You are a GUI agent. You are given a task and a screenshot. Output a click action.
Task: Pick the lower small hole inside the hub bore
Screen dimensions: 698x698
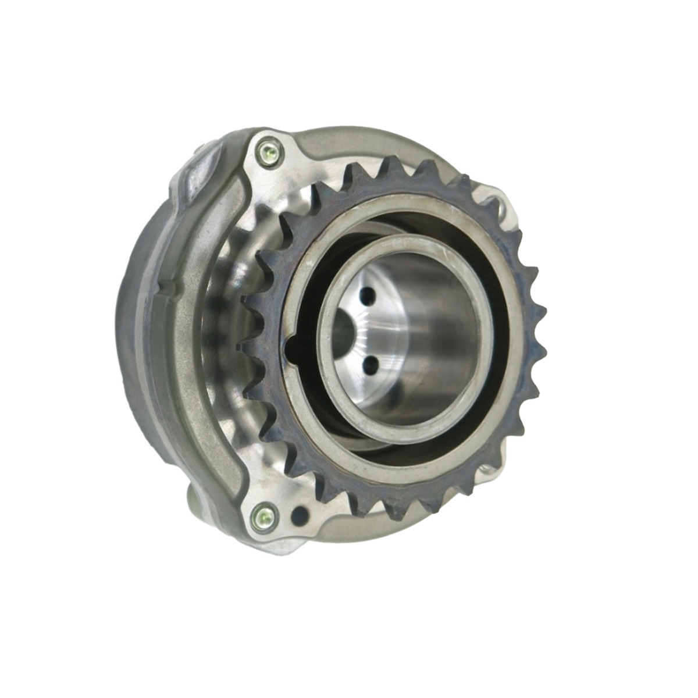coord(368,364)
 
